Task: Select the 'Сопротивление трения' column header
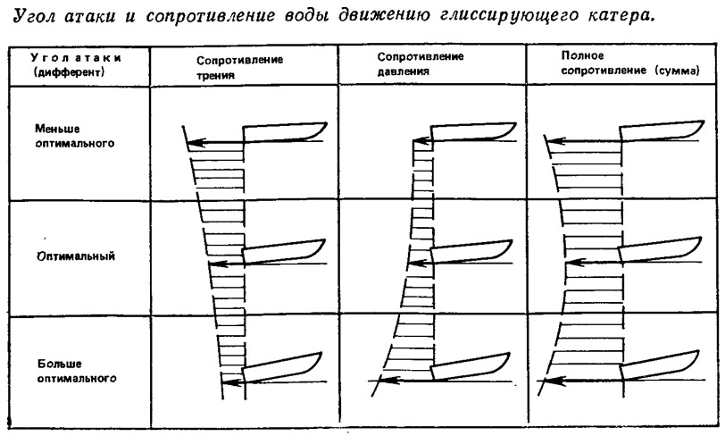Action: (x=239, y=67)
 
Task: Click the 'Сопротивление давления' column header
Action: (x=421, y=63)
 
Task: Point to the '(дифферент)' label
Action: (x=69, y=72)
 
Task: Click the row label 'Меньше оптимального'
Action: (x=74, y=136)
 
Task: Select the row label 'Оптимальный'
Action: (x=76, y=256)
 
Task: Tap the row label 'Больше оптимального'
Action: (x=77, y=371)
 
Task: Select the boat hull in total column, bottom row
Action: (x=659, y=366)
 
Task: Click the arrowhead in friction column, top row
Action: (x=196, y=143)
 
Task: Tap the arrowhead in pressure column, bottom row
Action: (x=390, y=381)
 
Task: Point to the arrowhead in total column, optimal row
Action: (x=573, y=263)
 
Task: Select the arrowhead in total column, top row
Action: (x=554, y=139)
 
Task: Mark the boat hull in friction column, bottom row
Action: (x=282, y=367)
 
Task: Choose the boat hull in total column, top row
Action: (x=662, y=131)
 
